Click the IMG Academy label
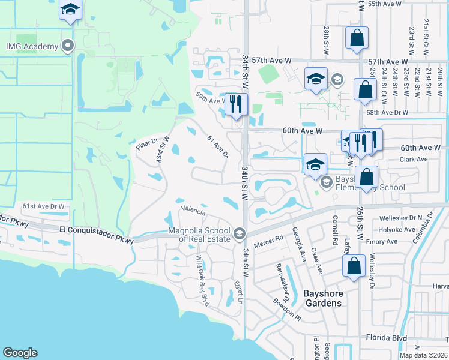click(32, 46)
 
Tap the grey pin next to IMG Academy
click(68, 46)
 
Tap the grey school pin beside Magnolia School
click(240, 233)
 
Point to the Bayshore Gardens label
click(322, 298)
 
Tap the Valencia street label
click(193, 211)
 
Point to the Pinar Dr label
click(146, 142)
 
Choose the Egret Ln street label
click(238, 292)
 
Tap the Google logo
click(20, 353)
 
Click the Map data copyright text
click(423, 355)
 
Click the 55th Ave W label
click(400, 4)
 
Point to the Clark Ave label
click(414, 160)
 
